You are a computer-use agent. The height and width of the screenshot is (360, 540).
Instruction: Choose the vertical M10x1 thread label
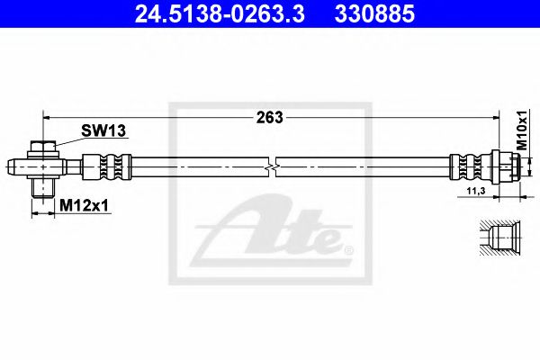525,131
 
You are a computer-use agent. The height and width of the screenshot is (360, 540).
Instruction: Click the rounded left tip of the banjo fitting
13,166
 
